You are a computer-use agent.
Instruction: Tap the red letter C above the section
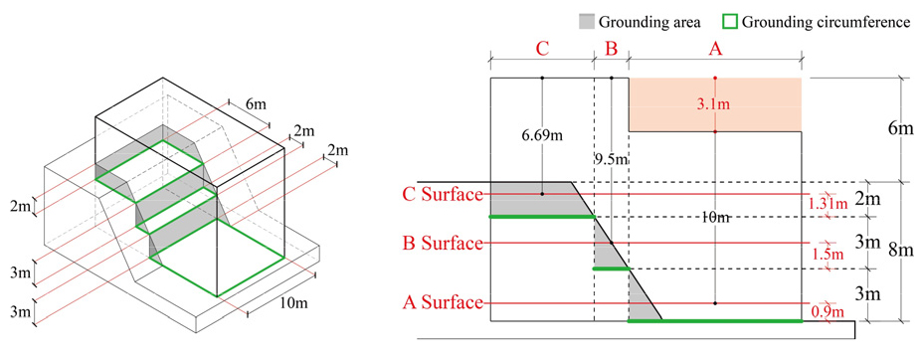coord(542,50)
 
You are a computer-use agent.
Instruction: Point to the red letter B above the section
coord(612,50)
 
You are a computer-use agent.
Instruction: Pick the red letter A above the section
coord(715,50)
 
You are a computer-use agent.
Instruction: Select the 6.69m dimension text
coord(543,136)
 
